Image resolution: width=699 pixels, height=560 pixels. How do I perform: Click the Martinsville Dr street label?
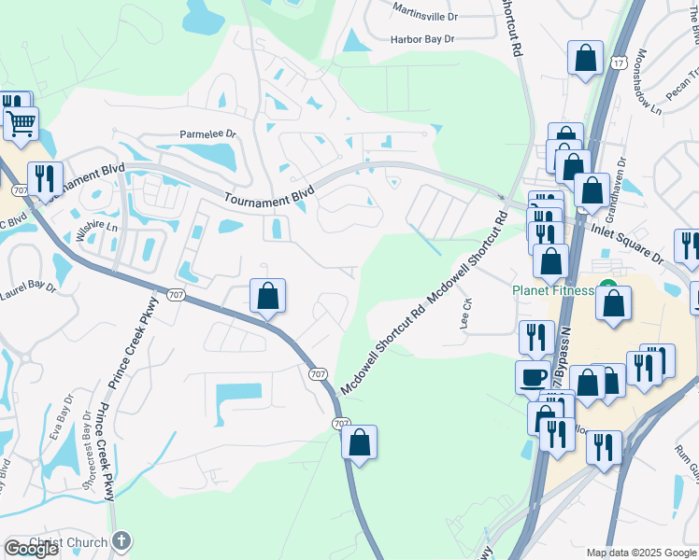point(425,16)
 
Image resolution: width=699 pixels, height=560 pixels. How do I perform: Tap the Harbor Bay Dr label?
point(422,39)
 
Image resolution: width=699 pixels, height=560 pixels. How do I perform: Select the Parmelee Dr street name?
point(209,135)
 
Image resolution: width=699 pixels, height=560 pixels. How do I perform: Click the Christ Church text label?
point(68,542)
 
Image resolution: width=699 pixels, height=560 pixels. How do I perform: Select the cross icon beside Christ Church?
point(121,541)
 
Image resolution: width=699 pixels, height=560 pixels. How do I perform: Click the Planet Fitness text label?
point(552,290)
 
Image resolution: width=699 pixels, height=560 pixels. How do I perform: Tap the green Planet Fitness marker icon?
point(608,287)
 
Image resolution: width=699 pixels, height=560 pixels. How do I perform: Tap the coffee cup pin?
point(534,377)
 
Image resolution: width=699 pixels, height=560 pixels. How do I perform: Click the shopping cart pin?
point(21,121)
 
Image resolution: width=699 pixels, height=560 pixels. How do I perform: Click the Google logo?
point(32,549)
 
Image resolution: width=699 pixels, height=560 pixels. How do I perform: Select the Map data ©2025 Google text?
point(640,553)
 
